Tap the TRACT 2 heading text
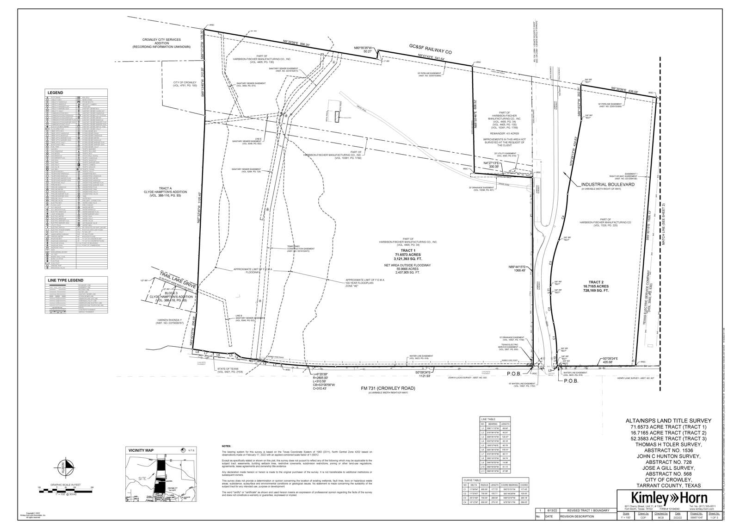pyautogui.click(x=596, y=282)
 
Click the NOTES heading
pyautogui.click(x=226, y=446)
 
